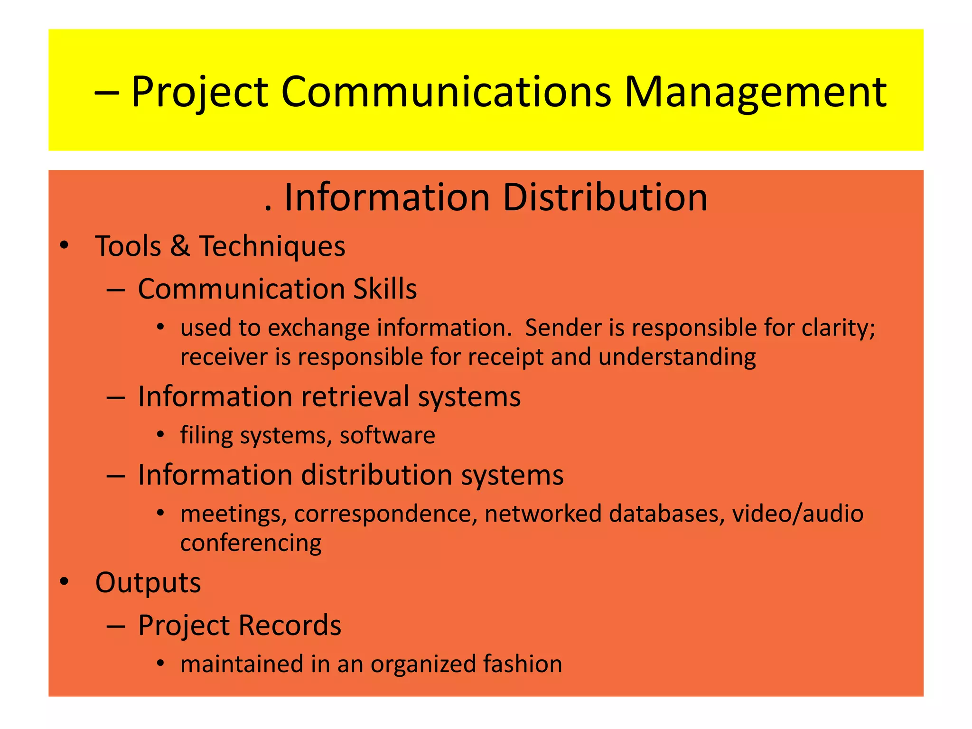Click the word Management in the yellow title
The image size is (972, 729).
[x=755, y=92]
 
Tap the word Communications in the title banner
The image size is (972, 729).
[x=446, y=92]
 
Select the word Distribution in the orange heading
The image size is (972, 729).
[x=605, y=197]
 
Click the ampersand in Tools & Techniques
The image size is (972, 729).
[x=180, y=246]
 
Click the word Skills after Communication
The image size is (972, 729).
[x=384, y=289]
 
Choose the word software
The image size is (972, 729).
[x=387, y=435]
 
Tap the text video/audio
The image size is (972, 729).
[x=797, y=514]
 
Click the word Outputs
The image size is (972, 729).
[x=148, y=583]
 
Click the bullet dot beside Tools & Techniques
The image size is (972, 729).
[x=64, y=246]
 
